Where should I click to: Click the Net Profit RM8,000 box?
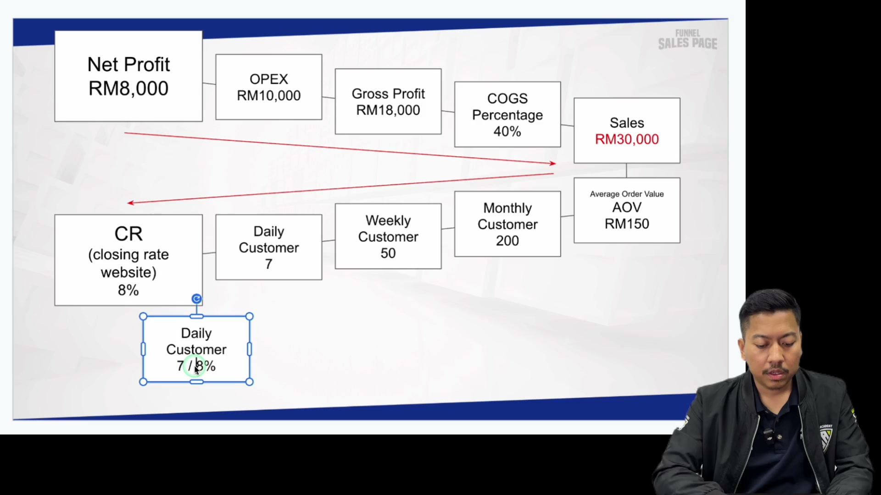(x=128, y=76)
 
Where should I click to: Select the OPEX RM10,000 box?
(x=269, y=87)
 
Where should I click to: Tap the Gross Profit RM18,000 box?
(x=388, y=101)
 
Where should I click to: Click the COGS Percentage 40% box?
(x=507, y=115)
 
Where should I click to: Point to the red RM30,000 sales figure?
(x=627, y=139)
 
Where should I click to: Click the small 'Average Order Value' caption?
(x=627, y=194)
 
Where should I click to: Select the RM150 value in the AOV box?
(x=627, y=224)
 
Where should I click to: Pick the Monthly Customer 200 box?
(x=507, y=224)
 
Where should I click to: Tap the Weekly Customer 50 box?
(x=388, y=236)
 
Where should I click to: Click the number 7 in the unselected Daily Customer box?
(x=269, y=264)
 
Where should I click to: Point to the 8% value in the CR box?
(x=128, y=290)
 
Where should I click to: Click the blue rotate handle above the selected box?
(x=196, y=299)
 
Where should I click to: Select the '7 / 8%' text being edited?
(x=196, y=366)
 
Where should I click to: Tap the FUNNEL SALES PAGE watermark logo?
(x=687, y=39)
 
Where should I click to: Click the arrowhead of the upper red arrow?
(x=553, y=163)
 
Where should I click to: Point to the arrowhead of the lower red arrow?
(x=130, y=203)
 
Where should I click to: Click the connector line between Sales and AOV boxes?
(x=627, y=170)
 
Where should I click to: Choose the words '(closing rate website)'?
(x=128, y=264)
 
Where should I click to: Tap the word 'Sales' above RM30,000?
(x=627, y=123)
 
